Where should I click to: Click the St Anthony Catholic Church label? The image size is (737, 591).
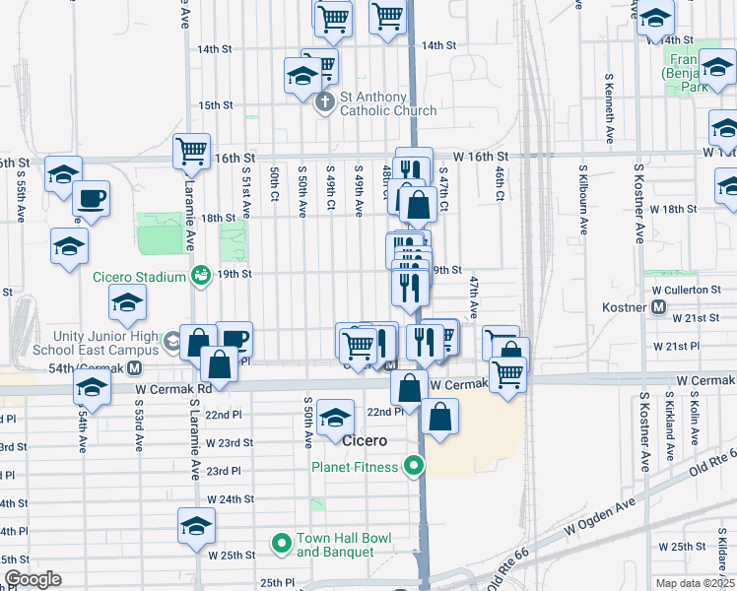pyautogui.click(x=388, y=104)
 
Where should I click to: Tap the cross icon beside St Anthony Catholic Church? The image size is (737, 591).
pyautogui.click(x=325, y=102)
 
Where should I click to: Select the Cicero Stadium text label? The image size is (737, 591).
pyautogui.click(x=139, y=277)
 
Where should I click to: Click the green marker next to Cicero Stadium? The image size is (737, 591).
pyautogui.click(x=201, y=276)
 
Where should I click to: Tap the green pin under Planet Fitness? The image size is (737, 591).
pyautogui.click(x=415, y=466)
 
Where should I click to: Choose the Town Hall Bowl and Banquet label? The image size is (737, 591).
pyautogui.click(x=344, y=545)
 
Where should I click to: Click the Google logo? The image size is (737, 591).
pyautogui.click(x=33, y=579)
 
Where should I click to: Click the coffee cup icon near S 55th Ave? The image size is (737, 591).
pyautogui.click(x=92, y=199)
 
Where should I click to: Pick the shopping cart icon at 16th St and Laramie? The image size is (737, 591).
pyautogui.click(x=191, y=152)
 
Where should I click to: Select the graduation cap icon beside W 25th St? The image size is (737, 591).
pyautogui.click(x=196, y=527)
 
